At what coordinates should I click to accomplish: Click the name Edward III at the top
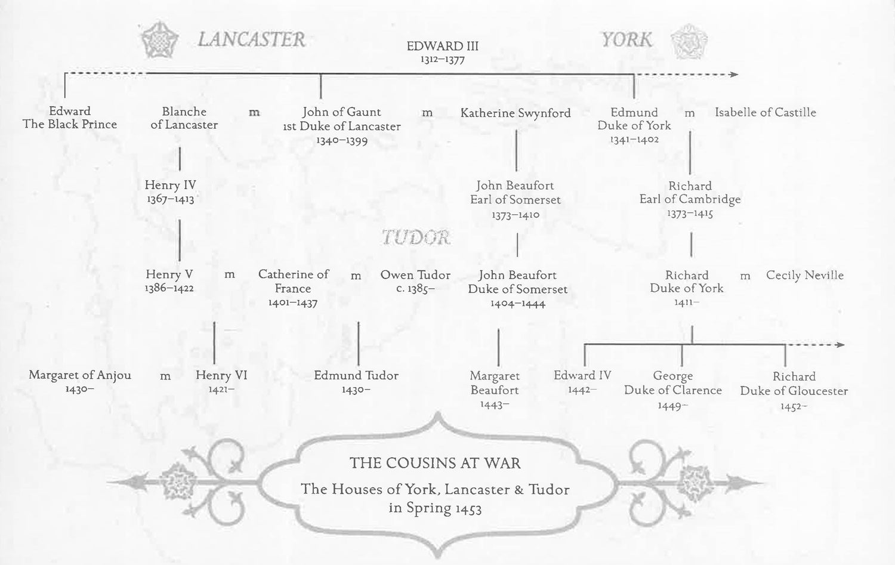pos(442,46)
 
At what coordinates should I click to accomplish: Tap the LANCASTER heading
pos(251,39)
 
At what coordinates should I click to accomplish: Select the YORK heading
pos(626,39)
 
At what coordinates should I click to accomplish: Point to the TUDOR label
pos(416,237)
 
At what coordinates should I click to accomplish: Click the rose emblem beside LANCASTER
pos(159,40)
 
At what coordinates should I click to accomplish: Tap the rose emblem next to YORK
pos(688,41)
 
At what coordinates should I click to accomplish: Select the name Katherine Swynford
pos(516,113)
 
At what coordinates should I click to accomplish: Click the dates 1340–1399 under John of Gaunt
pos(342,141)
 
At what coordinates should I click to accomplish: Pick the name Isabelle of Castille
pos(766,112)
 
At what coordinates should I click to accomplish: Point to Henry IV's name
pos(170,185)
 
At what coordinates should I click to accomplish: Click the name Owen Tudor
pos(415,275)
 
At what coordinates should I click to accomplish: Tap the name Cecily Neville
pos(805,275)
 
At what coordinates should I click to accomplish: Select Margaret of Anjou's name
pos(80,375)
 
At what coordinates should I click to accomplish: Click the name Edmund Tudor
pos(356,375)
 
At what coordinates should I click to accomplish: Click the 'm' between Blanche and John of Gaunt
pos(254,112)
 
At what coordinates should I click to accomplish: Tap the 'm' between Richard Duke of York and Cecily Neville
pos(745,276)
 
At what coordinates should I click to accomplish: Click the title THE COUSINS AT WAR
pos(435,463)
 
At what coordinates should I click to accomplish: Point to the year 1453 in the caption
pos(468,509)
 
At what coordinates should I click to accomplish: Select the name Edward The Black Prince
pos(70,118)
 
